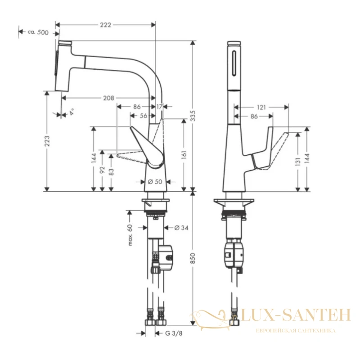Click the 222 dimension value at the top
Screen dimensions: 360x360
tap(106, 25)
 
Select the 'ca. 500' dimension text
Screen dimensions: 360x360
tap(38, 32)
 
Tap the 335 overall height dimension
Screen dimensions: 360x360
tap(193, 116)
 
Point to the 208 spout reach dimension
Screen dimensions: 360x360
tap(108, 98)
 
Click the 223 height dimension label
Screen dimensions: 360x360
tap(47, 141)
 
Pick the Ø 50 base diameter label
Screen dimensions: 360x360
tap(155, 182)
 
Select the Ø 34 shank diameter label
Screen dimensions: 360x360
tap(181, 228)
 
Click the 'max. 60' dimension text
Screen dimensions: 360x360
tap(130, 235)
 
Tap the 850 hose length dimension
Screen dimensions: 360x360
tap(193, 258)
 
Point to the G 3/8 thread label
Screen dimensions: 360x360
tap(174, 333)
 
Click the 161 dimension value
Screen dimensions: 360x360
tap(184, 154)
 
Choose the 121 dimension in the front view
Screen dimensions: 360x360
tap(261, 107)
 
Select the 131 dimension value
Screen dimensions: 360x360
tap(298, 162)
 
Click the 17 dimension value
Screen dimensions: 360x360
tap(159, 107)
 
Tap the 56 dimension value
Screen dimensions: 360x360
tap(144, 116)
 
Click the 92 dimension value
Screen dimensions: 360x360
tap(103, 170)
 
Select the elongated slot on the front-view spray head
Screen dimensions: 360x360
tap(234, 63)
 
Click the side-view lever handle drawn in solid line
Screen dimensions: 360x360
tap(147, 147)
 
